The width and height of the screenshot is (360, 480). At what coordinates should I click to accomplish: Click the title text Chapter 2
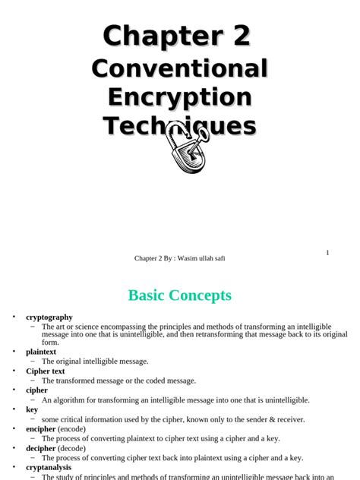point(177,36)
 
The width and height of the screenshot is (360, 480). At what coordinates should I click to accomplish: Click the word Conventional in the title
point(179,68)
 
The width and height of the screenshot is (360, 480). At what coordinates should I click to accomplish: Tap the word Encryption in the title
point(179,97)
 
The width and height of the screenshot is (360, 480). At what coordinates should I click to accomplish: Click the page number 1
point(327,252)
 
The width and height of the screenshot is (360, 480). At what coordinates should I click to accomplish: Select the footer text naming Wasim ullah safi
point(180,258)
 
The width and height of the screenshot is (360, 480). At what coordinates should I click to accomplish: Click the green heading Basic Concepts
point(180,295)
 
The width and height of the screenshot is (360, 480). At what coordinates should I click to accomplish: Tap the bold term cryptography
point(49,317)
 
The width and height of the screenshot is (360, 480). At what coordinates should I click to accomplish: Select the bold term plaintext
point(41,352)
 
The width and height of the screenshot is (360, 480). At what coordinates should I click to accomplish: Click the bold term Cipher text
point(46,371)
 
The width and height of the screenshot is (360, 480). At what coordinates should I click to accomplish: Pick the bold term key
point(32,409)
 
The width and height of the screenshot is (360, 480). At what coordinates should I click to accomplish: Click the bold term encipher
point(41,428)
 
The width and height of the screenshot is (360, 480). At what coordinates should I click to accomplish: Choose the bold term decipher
point(41,448)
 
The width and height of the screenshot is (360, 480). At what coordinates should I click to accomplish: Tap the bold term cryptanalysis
point(48,468)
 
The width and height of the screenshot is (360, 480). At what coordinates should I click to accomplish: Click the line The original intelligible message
point(95,362)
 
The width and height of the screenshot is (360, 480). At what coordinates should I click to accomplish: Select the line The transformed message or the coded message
point(118,381)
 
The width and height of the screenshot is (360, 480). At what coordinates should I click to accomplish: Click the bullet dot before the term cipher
point(13,390)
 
